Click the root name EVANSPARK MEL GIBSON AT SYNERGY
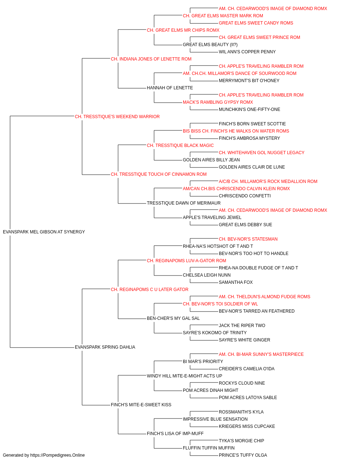tap(44, 232)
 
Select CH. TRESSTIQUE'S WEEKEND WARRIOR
tap(117, 117)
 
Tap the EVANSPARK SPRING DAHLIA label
tap(105, 347)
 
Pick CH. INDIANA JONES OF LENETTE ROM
tap(151, 59)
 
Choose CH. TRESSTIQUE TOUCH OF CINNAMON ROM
tap(159, 174)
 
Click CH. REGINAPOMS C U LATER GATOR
tap(150, 290)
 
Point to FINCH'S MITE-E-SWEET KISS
tap(141, 405)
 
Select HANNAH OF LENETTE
tap(170, 88)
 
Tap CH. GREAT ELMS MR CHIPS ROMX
tap(183, 30)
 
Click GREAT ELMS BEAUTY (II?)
tap(210, 45)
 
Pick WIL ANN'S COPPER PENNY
tap(247, 52)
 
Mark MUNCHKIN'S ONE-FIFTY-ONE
tap(249, 109)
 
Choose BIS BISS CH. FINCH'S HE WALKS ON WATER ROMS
tap(236, 131)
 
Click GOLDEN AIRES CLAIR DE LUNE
tap(252, 167)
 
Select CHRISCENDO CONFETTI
tap(245, 196)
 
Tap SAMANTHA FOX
tap(236, 282)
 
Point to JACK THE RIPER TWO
tap(242, 326)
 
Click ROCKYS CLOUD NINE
tap(242, 383)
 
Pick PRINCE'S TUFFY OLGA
tap(243, 455)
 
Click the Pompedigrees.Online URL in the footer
tap(58, 455)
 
